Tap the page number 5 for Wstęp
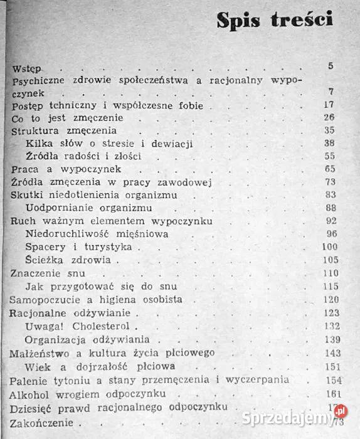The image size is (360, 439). pos(331,66)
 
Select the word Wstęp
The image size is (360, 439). pos(26,67)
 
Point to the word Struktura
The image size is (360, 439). pos(36,131)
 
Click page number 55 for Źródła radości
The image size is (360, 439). pos(330,156)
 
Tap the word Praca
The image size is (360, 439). pos(26,169)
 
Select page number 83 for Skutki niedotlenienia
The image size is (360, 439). pos(330,194)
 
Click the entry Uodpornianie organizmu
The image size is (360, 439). pos(80,208)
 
